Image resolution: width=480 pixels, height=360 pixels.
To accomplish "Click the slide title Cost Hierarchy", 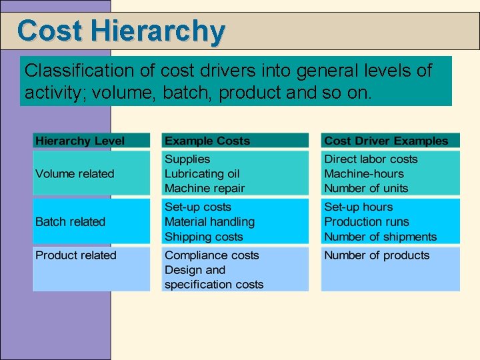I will [121, 31].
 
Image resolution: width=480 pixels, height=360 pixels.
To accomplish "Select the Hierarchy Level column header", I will [80, 141].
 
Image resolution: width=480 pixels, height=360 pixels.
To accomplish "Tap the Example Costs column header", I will [207, 141].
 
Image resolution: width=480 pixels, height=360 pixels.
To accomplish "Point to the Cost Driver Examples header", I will [386, 141].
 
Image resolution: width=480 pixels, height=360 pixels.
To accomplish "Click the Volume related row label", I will [75, 174].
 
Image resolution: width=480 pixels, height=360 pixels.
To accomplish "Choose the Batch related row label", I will [70, 222].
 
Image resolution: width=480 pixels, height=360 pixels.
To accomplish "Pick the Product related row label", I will [75, 255].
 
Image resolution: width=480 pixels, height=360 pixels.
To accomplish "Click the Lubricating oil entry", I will [202, 174].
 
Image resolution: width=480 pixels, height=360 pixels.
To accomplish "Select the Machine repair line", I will [205, 189].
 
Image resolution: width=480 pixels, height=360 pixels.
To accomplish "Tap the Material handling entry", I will [209, 222].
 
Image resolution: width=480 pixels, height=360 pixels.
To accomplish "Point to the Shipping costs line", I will [204, 237].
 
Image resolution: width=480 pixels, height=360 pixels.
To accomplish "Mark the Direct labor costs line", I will [371, 159].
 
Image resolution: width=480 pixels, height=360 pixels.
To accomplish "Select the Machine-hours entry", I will [364, 174].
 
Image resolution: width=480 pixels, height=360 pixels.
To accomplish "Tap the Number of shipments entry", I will [380, 237].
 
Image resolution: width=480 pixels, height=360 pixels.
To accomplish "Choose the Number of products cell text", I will [377, 255].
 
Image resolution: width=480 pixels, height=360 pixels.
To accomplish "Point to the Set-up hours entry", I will [359, 207].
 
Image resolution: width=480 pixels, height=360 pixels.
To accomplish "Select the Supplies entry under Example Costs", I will [187, 159].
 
